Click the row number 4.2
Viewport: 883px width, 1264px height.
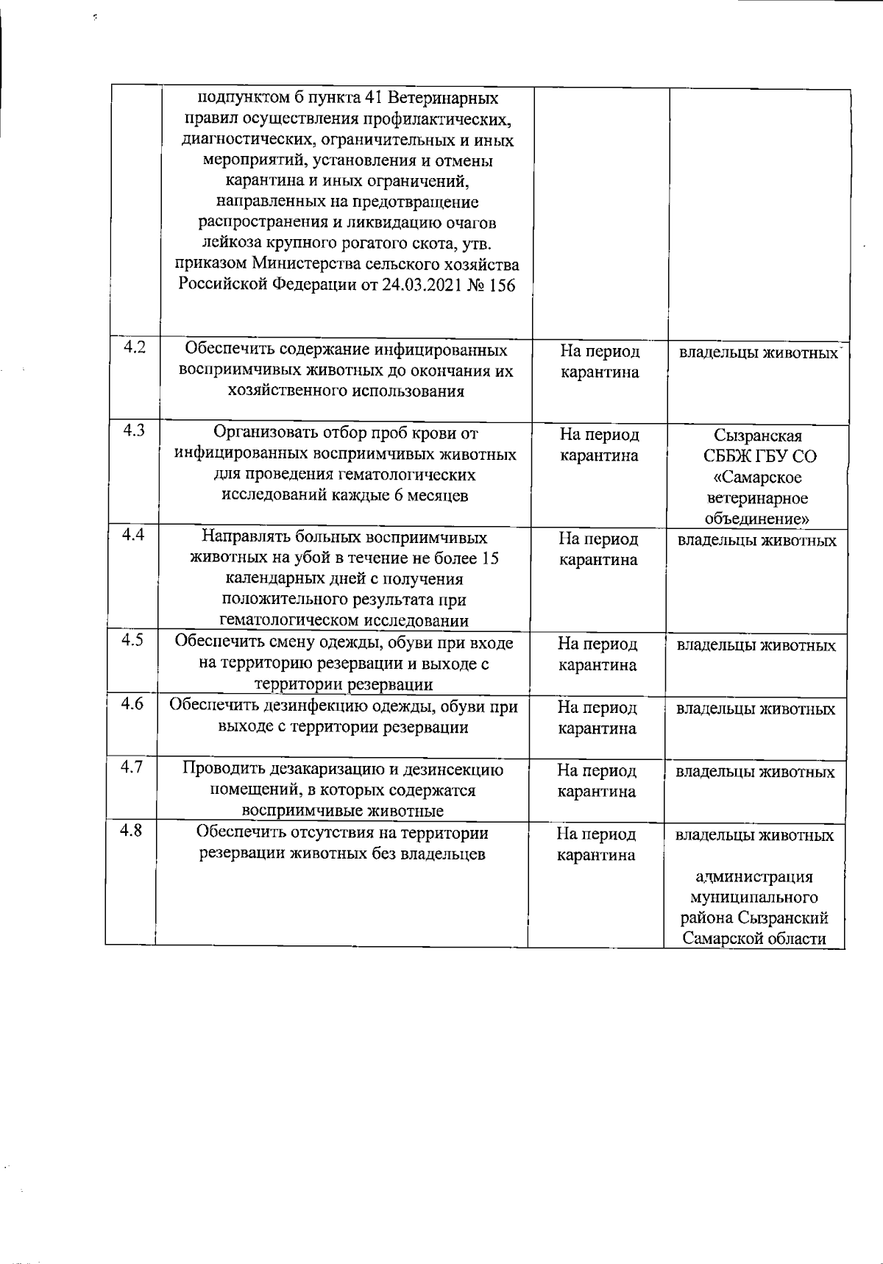tap(134, 348)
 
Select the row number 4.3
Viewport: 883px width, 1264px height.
tap(134, 431)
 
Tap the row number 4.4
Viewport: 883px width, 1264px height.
tap(132, 536)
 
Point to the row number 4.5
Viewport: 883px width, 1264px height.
tap(132, 640)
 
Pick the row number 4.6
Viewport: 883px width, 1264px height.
tap(132, 703)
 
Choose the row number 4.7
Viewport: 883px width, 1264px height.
tap(132, 767)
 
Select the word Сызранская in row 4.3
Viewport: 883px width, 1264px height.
tap(758, 436)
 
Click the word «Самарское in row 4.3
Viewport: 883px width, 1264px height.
tap(757, 477)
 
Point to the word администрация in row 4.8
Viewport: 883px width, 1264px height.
tap(754, 877)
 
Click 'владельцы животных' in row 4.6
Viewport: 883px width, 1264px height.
tap(756, 710)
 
